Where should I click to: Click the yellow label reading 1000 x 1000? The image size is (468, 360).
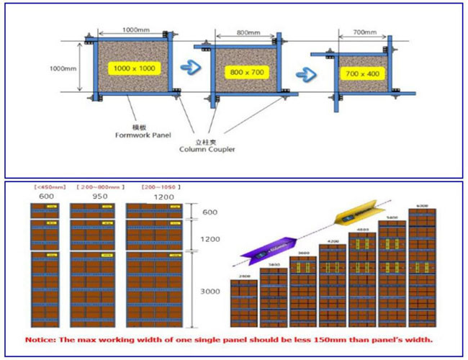pos(132,68)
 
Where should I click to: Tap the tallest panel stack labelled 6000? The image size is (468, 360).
pos(422,266)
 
